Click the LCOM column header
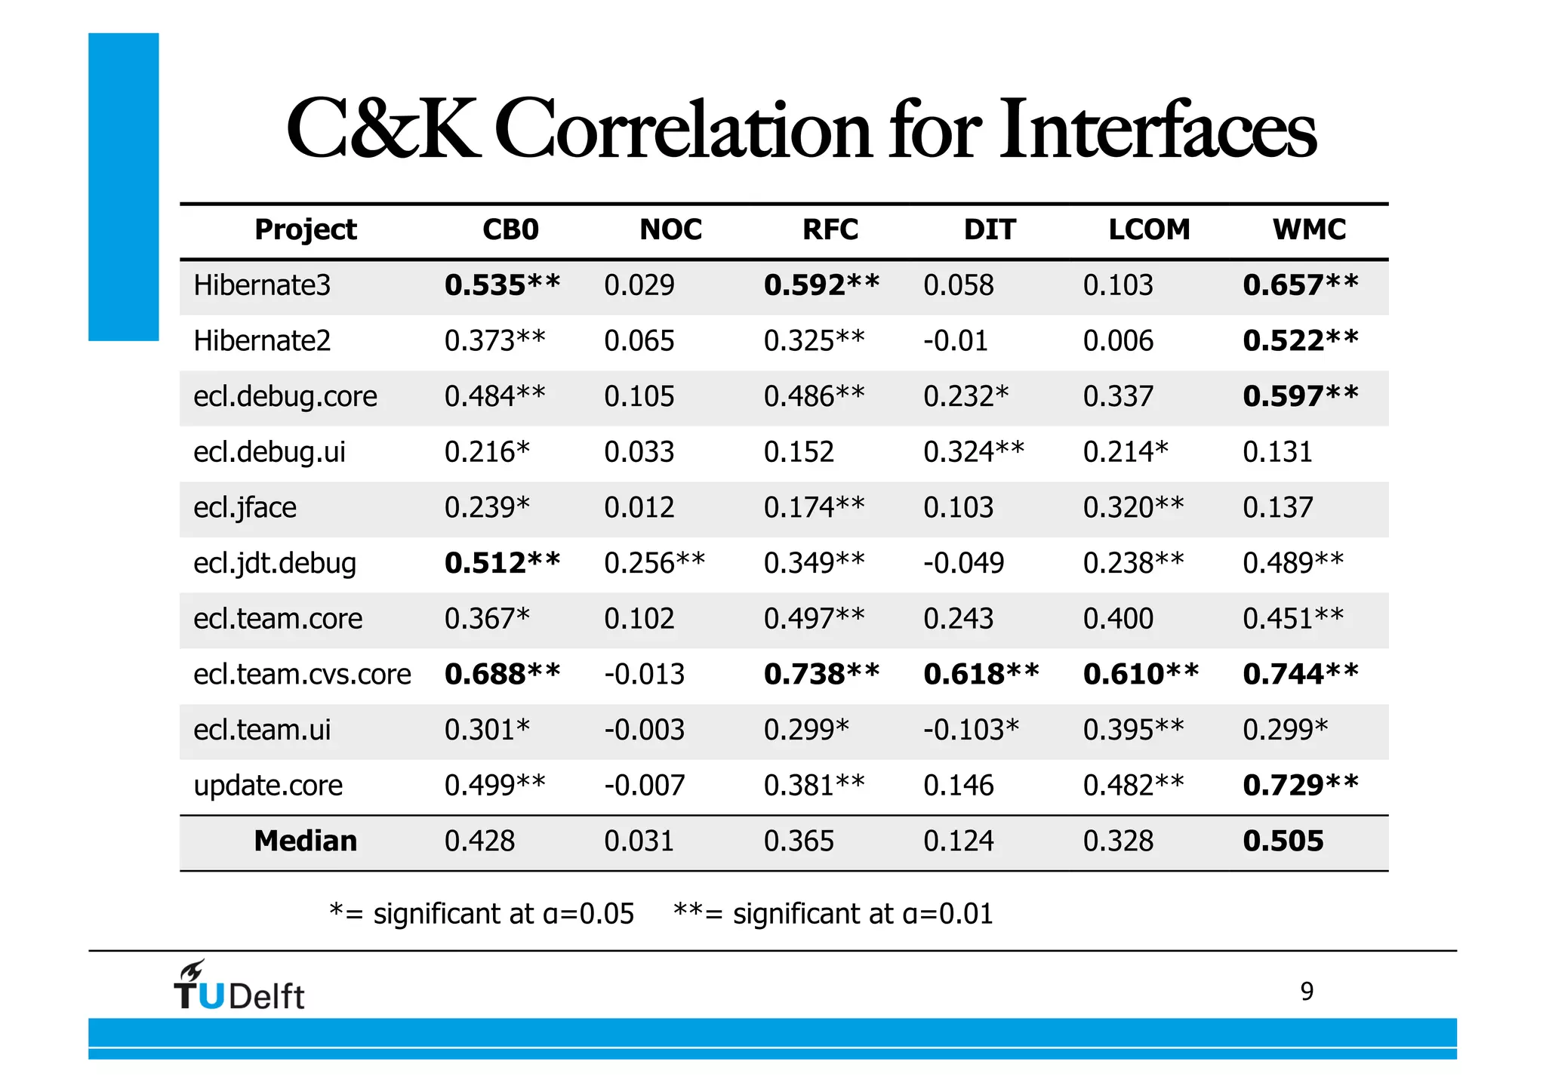[x=1148, y=229]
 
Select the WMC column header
[x=1308, y=229]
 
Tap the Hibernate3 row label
[x=262, y=285]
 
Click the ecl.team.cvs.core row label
[x=302, y=674]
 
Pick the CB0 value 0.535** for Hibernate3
[x=502, y=285]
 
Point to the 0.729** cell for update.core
[x=1300, y=785]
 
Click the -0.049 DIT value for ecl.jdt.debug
[x=963, y=563]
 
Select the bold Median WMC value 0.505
[x=1283, y=841]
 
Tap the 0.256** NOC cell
[x=654, y=563]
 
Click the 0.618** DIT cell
[x=981, y=674]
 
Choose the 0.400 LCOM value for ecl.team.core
[x=1118, y=619]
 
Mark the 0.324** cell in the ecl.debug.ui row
[x=973, y=452]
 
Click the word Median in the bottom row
[x=305, y=841]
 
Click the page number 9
[x=1307, y=991]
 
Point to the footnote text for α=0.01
[x=832, y=914]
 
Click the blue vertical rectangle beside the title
[x=123, y=186]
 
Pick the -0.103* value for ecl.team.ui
[x=971, y=730]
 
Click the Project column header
[x=305, y=229]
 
